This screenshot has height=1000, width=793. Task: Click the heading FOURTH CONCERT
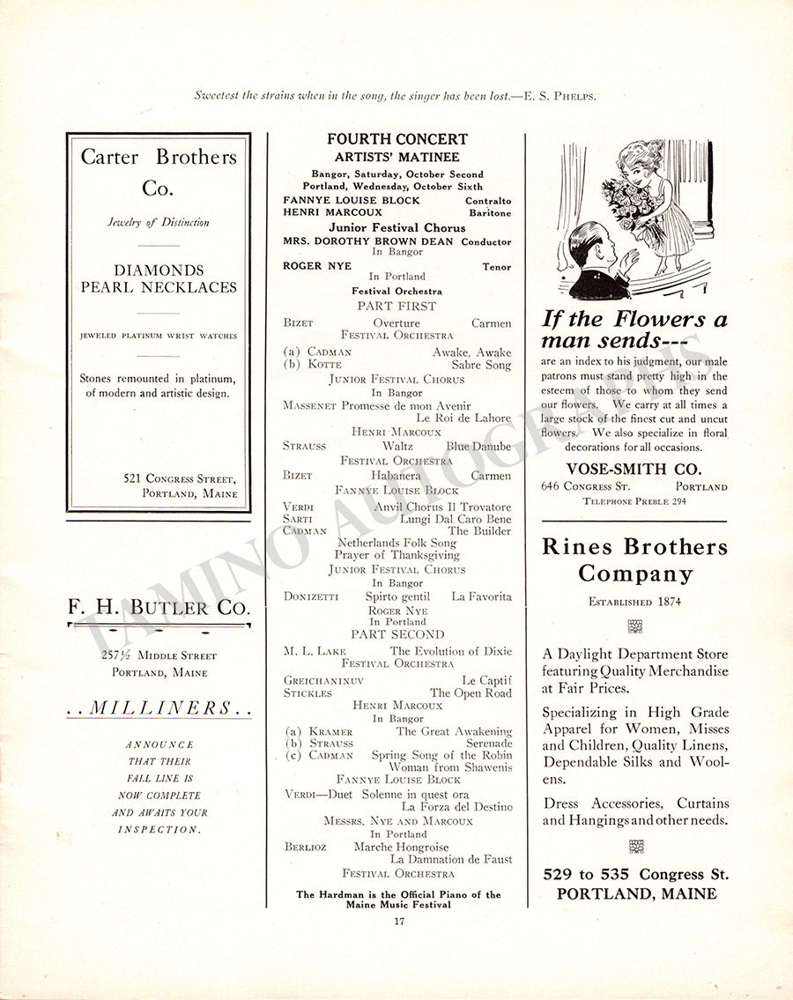point(396,139)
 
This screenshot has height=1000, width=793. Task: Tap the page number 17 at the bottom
point(398,922)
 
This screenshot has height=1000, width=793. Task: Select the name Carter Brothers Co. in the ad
point(159,173)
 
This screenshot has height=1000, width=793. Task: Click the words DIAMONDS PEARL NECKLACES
point(159,278)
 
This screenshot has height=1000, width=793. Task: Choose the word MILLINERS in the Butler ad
point(159,707)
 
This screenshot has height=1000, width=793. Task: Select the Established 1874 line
point(634,602)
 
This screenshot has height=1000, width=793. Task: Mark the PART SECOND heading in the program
point(397,634)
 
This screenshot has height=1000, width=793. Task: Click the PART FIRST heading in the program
point(396,306)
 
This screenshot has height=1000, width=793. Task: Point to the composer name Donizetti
point(310,596)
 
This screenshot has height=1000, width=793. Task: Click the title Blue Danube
point(478,447)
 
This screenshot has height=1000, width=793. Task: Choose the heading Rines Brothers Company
point(634,560)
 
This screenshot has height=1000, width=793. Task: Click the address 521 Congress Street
point(180,478)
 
